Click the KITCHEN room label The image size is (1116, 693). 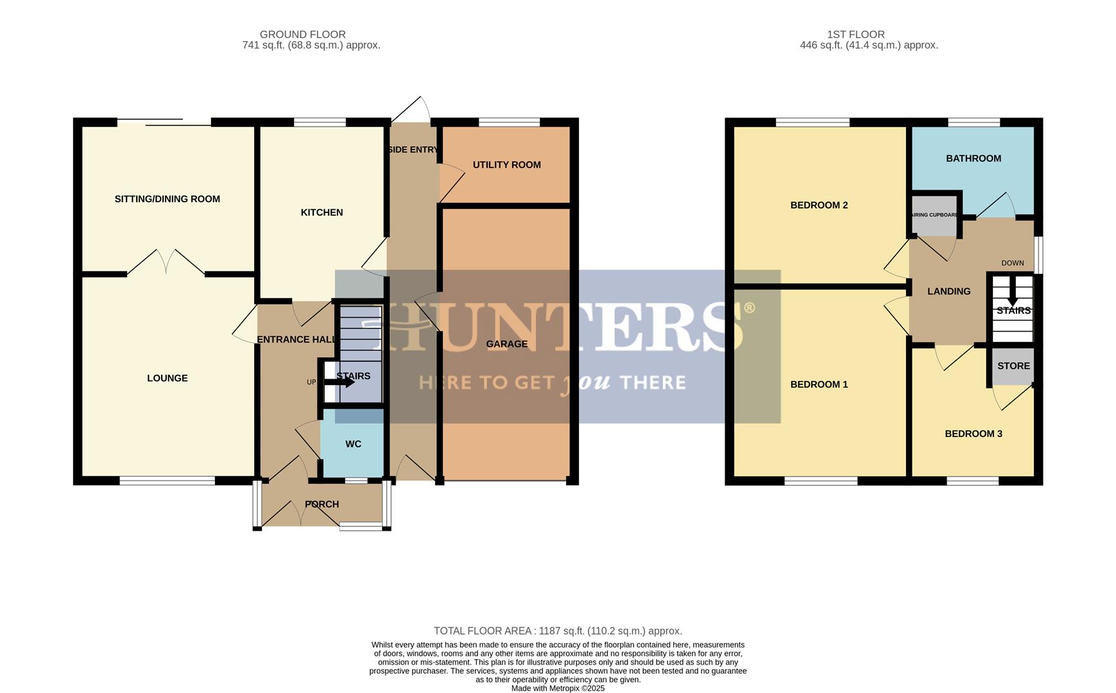pyautogui.click(x=322, y=212)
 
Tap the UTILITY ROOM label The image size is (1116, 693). pyautogui.click(x=506, y=165)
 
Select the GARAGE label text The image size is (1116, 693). pyautogui.click(x=506, y=344)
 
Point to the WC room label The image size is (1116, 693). pyautogui.click(x=353, y=444)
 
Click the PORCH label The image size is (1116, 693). pyautogui.click(x=322, y=504)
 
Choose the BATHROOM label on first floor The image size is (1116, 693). pyautogui.click(x=973, y=158)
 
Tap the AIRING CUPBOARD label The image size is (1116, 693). pyautogui.click(x=934, y=216)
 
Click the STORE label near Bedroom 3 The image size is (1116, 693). pyautogui.click(x=1013, y=366)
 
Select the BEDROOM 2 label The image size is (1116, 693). pyautogui.click(x=819, y=205)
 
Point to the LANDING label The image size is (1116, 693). pyautogui.click(x=949, y=291)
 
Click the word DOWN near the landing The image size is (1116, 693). pyautogui.click(x=1013, y=263)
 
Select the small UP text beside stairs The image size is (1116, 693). pyautogui.click(x=311, y=382)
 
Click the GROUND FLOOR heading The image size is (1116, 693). pyautogui.click(x=302, y=35)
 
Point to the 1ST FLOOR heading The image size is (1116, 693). pyautogui.click(x=855, y=35)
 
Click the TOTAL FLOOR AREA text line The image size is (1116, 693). pyautogui.click(x=557, y=631)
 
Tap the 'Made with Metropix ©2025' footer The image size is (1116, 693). pyautogui.click(x=557, y=688)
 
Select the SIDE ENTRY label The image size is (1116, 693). pyautogui.click(x=413, y=150)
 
